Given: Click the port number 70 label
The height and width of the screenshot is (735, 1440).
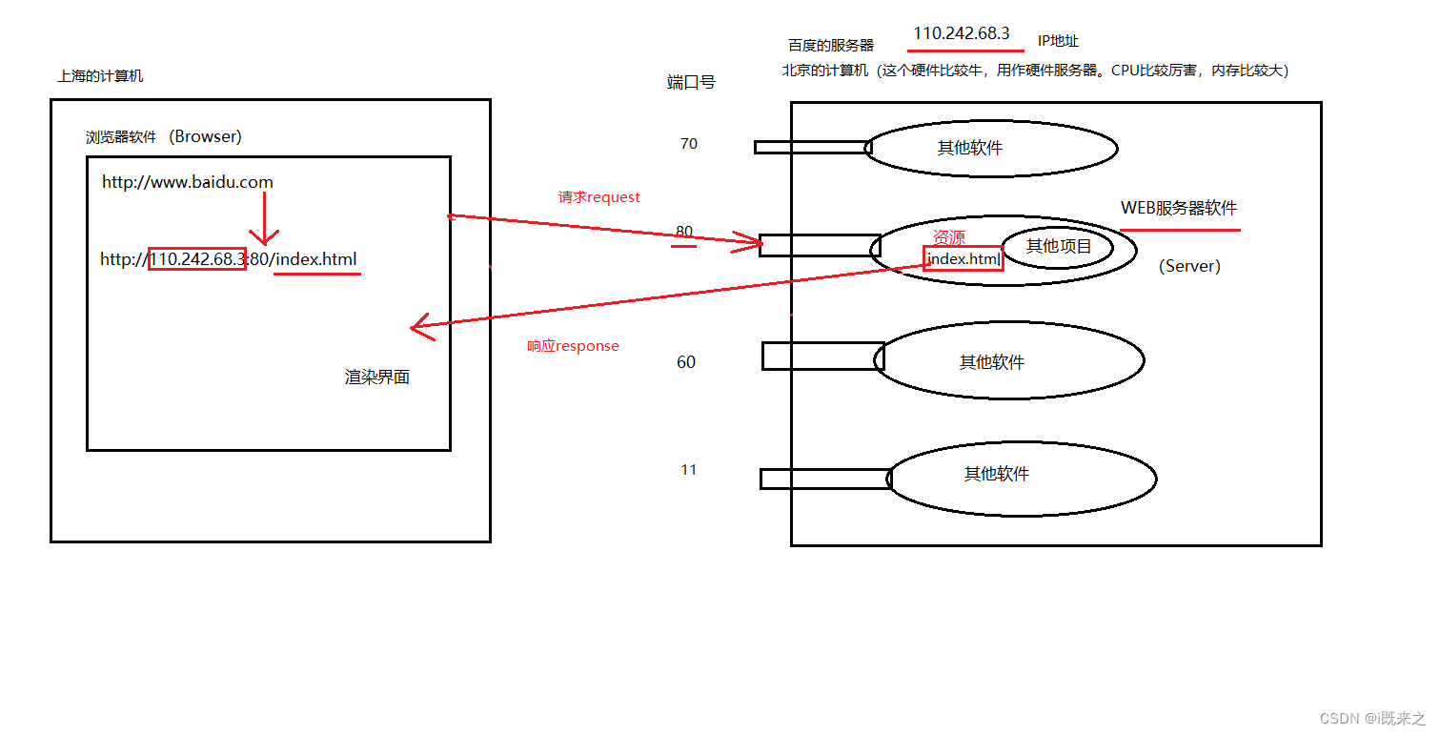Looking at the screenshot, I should pos(688,144).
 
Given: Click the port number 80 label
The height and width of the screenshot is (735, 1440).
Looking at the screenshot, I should pos(683,232).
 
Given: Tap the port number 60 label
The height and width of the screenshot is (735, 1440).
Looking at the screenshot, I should pos(686,362).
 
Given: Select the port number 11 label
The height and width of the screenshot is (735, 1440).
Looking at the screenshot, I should pos(688,470).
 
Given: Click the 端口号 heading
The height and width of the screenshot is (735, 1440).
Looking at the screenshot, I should pos(691,83).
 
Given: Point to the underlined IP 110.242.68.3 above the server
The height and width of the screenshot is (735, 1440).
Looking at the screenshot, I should pos(961,33).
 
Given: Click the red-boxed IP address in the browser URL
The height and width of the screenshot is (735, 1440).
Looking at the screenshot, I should pos(197,259).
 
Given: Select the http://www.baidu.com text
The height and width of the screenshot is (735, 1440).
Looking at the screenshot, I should pos(188,182).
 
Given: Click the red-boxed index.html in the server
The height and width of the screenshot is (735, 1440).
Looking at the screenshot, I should pos(963,258).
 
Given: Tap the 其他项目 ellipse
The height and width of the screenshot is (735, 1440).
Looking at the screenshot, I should pos(1058,247).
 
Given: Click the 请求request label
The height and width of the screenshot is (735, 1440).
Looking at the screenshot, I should pos(599,197).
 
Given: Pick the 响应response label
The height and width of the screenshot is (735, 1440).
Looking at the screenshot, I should pos(573,346).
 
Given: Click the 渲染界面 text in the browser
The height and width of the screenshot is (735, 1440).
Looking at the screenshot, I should pos(377,378).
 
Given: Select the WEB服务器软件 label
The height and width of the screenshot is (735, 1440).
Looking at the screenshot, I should pos(1179,209).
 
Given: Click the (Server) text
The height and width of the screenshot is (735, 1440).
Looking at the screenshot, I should pos(1189,267).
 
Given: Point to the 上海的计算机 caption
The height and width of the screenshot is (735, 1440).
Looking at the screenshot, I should pos(100,76).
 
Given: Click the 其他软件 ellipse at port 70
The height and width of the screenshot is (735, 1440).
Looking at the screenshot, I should pos(991,148).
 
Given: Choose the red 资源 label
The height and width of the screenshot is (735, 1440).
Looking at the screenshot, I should pos(948,236).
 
